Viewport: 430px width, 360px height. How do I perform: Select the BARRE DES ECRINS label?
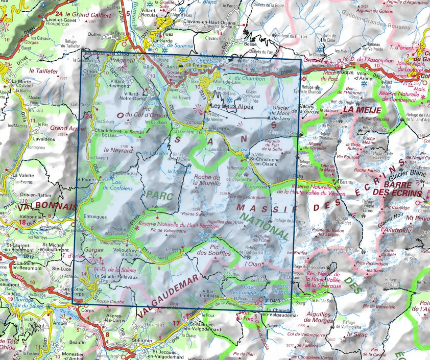(403, 189)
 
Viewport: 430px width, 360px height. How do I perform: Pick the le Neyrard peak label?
(115, 151)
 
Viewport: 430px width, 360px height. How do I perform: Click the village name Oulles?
(94, 34)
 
